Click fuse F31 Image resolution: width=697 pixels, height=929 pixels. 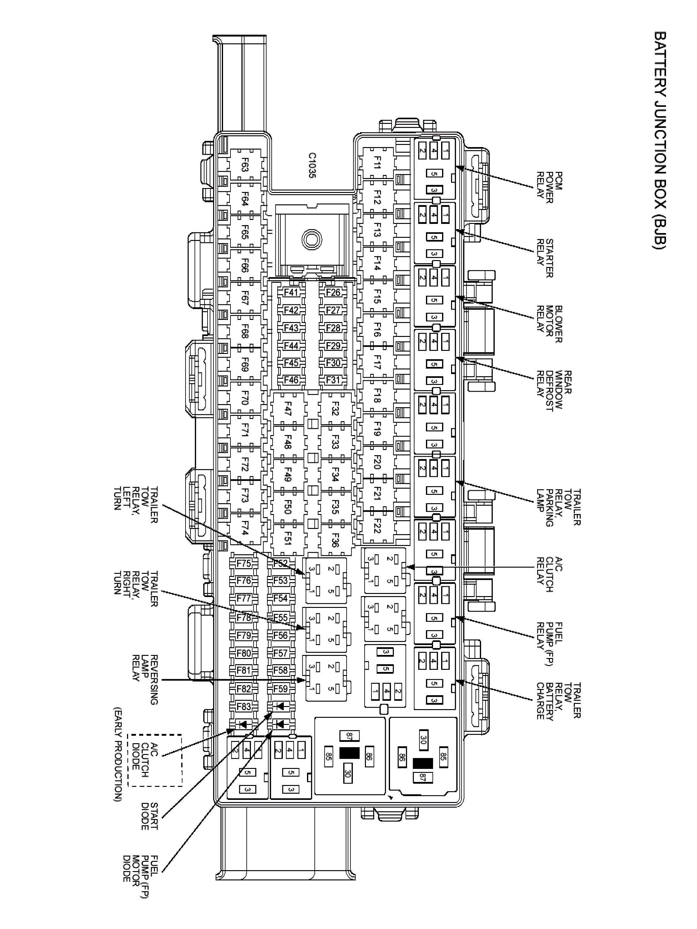[333, 380]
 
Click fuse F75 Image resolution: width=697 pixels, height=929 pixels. [244, 564]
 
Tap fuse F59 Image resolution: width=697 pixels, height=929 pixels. [280, 689]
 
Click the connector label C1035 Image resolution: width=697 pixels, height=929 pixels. [312, 165]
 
